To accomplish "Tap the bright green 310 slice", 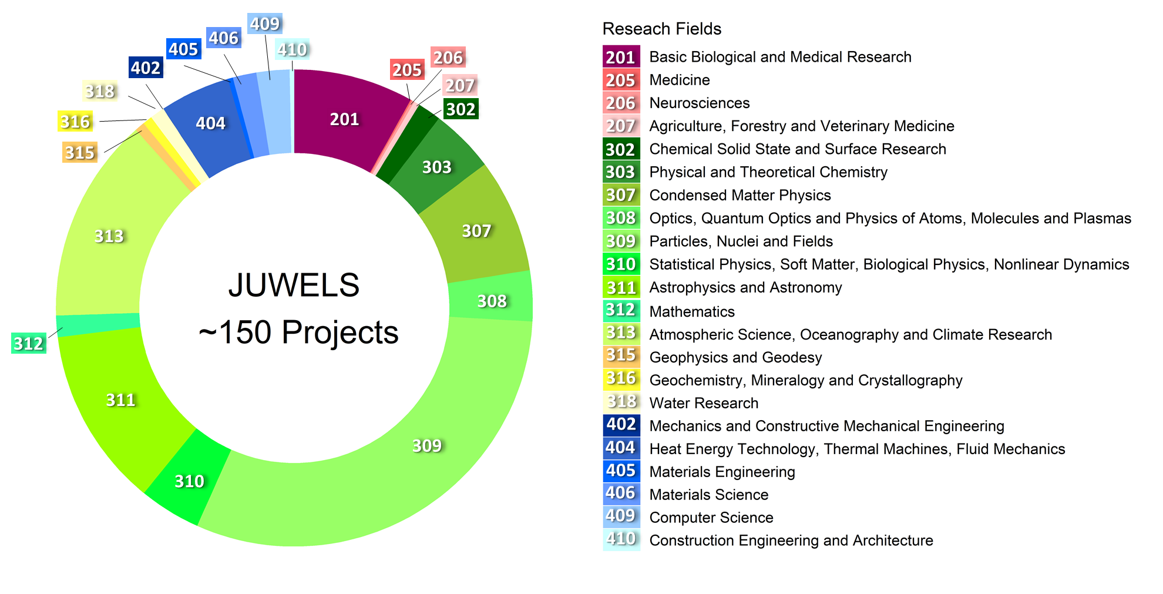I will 189,481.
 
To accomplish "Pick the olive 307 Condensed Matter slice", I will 476,231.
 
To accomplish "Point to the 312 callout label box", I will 28,343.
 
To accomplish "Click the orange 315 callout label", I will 79,153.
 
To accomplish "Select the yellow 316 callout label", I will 75,122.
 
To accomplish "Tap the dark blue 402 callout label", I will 146,68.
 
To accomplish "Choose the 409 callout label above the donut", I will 264,24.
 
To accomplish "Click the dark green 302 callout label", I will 461,109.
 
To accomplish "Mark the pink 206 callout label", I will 448,58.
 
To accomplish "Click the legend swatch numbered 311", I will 621,287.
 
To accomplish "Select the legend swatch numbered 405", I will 621,471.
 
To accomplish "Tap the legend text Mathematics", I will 692,311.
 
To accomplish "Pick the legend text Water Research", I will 704,403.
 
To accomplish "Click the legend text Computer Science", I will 711,518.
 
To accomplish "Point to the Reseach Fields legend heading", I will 661,29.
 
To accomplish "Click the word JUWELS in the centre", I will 294,286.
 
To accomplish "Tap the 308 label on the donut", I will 492,301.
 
